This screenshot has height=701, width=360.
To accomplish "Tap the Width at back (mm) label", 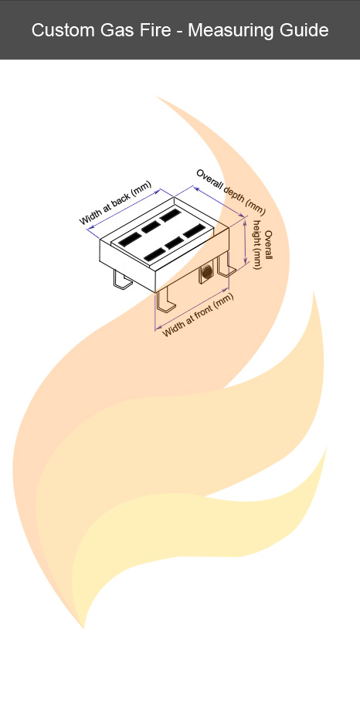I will (115, 203).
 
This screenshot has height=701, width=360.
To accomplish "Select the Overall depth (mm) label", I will (230, 191).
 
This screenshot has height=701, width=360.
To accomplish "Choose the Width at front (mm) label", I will (197, 316).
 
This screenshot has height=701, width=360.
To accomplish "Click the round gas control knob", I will (207, 271).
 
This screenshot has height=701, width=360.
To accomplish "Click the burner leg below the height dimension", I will (226, 267).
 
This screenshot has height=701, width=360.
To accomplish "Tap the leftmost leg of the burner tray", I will (121, 281).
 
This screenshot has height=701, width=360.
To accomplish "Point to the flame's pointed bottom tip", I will (84, 627).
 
